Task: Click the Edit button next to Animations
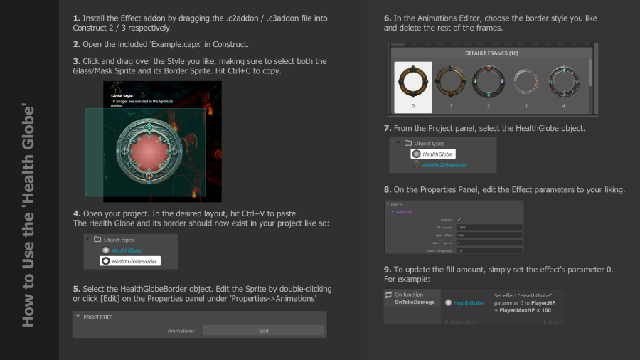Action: click(263, 330)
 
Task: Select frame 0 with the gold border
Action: click(412, 85)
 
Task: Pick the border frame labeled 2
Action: click(489, 85)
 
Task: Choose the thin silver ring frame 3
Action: click(526, 85)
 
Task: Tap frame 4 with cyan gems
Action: click(565, 85)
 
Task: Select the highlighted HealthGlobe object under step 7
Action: click(433, 154)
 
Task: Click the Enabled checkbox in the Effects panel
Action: click(459, 219)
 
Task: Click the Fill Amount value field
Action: click(490, 227)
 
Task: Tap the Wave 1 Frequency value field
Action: click(490, 250)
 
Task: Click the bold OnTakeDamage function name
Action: click(415, 302)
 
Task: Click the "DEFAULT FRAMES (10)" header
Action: click(491, 53)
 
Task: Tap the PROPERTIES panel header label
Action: click(98, 317)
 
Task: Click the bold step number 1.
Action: click(76, 17)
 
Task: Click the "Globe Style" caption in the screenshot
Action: click(122, 95)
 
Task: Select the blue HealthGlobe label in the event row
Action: click(469, 302)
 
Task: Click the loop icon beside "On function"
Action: click(389, 294)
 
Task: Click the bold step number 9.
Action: click(388, 270)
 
